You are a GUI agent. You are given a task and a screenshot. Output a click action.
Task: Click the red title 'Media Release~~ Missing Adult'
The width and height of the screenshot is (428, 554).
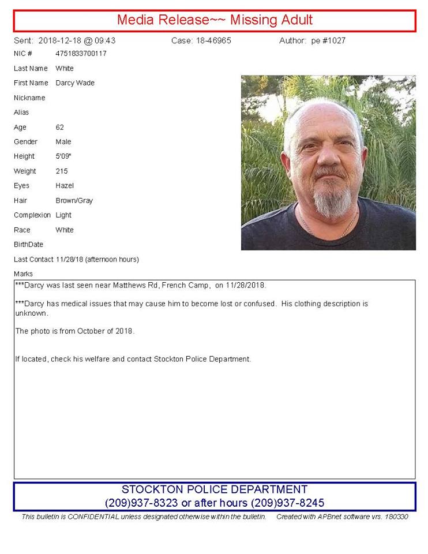(x=215, y=20)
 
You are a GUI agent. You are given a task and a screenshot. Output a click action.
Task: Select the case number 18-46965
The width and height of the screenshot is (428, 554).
(x=217, y=41)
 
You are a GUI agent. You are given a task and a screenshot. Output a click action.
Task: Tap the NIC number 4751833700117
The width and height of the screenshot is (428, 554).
(x=81, y=54)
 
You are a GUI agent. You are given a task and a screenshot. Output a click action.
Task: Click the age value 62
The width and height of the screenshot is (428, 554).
(x=60, y=128)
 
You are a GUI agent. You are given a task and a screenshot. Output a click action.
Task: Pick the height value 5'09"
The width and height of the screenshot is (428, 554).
(x=62, y=156)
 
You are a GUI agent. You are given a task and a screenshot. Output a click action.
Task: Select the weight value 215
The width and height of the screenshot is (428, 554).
(x=62, y=171)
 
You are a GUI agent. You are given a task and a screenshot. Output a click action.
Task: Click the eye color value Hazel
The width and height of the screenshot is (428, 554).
(x=65, y=186)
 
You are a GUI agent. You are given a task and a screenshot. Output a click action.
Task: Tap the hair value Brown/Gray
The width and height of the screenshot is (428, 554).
(x=74, y=201)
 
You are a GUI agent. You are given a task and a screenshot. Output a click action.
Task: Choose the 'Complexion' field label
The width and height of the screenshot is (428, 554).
(x=32, y=215)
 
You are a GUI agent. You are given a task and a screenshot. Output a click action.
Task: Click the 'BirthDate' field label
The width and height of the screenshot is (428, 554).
(x=28, y=245)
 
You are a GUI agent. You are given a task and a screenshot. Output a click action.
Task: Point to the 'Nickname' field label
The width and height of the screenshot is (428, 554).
(x=29, y=98)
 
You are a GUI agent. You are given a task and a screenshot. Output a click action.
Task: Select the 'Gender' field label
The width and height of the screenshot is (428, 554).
(x=25, y=142)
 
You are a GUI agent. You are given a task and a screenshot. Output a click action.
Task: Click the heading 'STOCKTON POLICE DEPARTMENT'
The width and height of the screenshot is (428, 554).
(x=215, y=489)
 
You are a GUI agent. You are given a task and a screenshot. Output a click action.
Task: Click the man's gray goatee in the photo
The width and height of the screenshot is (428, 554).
(x=333, y=202)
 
